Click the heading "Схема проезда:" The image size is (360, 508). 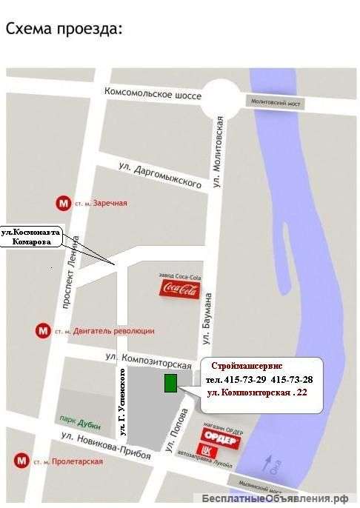[x=62, y=29]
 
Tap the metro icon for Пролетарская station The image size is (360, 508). [x=20, y=461]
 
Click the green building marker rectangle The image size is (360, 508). [x=170, y=384]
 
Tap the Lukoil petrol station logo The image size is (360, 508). [x=206, y=450]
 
